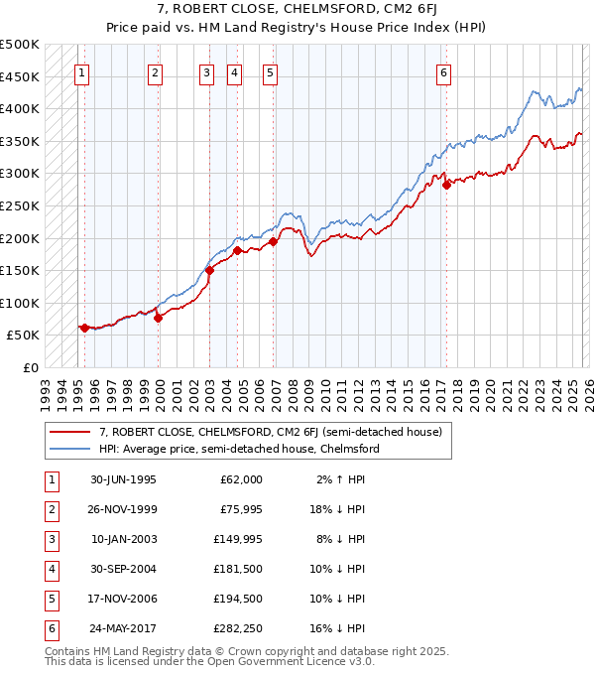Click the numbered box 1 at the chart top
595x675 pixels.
click(x=82, y=71)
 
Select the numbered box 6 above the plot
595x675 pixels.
click(x=443, y=71)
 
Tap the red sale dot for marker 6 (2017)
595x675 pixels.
click(x=446, y=184)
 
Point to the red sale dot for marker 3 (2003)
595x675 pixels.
click(x=209, y=269)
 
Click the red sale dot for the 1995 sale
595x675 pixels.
click(x=84, y=328)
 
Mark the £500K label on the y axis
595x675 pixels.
click(x=20, y=45)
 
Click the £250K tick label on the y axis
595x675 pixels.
click(x=20, y=205)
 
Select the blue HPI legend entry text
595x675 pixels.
click(x=238, y=449)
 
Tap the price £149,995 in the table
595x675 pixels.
click(x=240, y=540)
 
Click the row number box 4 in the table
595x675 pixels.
click(x=49, y=570)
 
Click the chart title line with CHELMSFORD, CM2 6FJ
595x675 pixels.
click(x=297, y=10)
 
